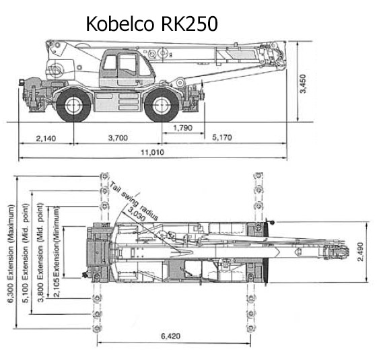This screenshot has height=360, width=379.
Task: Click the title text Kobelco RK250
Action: coord(151,24)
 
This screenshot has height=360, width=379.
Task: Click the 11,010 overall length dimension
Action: coord(153,153)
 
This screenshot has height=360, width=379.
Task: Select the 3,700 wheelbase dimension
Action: coord(118,138)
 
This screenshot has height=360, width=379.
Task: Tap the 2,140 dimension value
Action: coord(46,139)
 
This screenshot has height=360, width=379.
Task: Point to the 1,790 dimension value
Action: coord(183,128)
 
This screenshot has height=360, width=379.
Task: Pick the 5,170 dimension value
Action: coord(222,137)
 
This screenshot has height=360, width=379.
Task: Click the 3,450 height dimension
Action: coord(303,83)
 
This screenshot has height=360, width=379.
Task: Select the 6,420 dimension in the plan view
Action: coord(170,336)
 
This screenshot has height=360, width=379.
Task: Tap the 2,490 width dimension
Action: coord(360,252)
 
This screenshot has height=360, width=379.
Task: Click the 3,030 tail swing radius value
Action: coord(137,214)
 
